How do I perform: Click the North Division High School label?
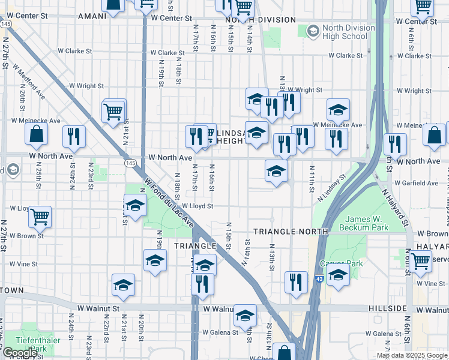[x=345, y=32]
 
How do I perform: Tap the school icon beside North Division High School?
[x=313, y=31]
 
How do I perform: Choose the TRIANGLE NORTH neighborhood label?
[x=291, y=231]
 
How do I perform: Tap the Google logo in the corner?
[x=20, y=353]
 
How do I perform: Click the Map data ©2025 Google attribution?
[x=411, y=355]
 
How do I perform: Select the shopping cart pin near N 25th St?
[x=40, y=217]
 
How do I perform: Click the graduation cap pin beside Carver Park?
[x=339, y=274]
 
